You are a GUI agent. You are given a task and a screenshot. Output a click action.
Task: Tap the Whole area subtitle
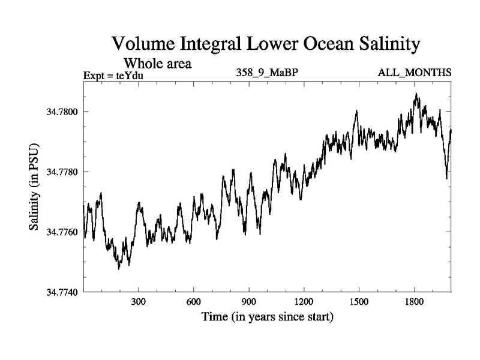click(x=157, y=63)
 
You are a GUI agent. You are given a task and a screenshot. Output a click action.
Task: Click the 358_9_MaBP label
click(x=268, y=73)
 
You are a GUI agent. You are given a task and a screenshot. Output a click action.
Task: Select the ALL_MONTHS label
click(x=415, y=73)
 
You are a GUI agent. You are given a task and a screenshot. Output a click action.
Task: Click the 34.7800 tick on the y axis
click(x=62, y=112)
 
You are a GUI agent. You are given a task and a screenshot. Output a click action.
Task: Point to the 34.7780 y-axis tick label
click(x=62, y=172)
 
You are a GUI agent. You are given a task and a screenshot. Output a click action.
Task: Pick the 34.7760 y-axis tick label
click(x=62, y=232)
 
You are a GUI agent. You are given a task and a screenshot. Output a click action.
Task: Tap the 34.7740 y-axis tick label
click(x=62, y=292)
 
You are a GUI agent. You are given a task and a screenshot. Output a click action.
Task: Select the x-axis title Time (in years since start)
click(x=267, y=316)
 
